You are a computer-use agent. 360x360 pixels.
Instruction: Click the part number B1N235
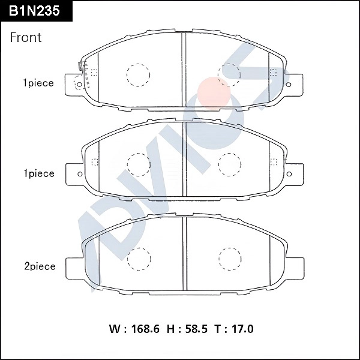[x=35, y=10]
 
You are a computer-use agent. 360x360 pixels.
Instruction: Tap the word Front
[x=26, y=37]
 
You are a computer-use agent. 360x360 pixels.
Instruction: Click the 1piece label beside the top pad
[x=38, y=83]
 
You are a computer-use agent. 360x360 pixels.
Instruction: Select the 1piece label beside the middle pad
[x=38, y=173]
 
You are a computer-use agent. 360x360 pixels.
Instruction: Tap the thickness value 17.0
[x=241, y=329]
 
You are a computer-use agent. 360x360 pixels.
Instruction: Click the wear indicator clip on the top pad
[x=80, y=67]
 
